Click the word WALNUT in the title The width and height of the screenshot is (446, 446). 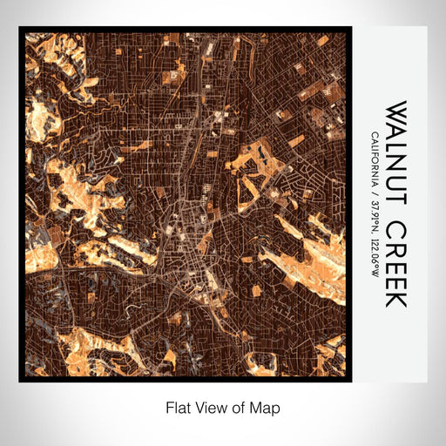click(x=396, y=155)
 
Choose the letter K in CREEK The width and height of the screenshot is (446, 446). click(x=396, y=299)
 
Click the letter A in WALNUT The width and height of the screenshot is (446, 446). click(x=396, y=132)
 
